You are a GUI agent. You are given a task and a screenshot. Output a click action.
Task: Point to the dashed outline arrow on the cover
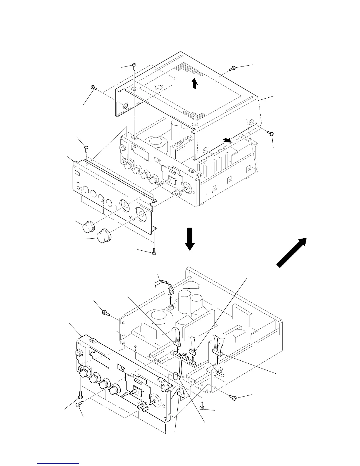click(x=159, y=87)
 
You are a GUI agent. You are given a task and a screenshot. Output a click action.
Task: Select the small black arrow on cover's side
click(x=226, y=140)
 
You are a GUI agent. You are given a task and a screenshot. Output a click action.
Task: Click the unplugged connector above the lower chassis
click(x=170, y=292)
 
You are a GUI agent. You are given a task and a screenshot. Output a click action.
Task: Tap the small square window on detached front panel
click(x=77, y=173)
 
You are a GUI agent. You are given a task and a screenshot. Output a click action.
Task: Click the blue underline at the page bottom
click(x=59, y=463)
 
